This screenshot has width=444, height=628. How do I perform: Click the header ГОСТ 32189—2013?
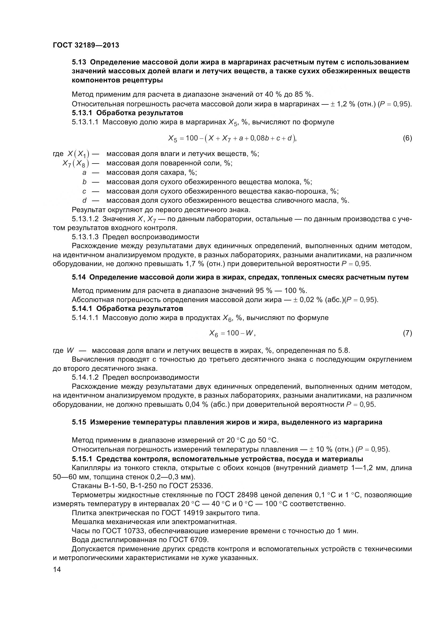point(86,45)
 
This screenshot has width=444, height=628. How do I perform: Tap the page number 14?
point(57,570)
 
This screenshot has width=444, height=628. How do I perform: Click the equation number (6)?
point(407,138)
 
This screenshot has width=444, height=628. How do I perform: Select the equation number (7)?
point(407,333)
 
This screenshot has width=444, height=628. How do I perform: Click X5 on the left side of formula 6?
point(173,139)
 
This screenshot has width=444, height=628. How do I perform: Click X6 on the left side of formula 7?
point(213,333)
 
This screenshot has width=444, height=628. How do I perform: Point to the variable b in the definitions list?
point(85,182)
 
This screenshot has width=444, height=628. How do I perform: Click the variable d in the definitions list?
point(85,201)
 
